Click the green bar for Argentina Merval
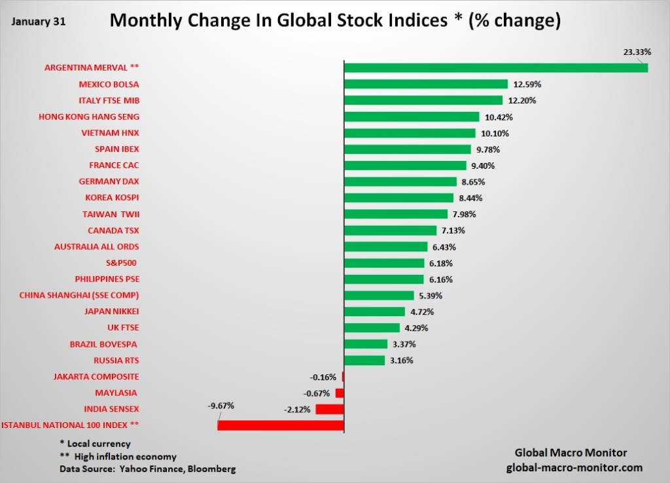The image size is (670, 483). point(495,67)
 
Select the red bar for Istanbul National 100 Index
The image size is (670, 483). point(281,425)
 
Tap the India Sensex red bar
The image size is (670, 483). point(329,409)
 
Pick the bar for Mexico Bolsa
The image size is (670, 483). point(425,84)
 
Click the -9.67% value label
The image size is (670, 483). point(220,405)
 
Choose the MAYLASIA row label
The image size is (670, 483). point(116,393)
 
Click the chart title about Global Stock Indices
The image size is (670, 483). point(335,20)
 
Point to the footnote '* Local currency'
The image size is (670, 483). point(95,444)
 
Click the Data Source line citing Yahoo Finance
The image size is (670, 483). point(147,469)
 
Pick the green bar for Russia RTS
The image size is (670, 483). point(364,360)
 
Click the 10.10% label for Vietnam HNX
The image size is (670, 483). point(493,134)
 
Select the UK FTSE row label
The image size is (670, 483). point(123,327)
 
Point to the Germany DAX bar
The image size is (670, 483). point(400,181)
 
